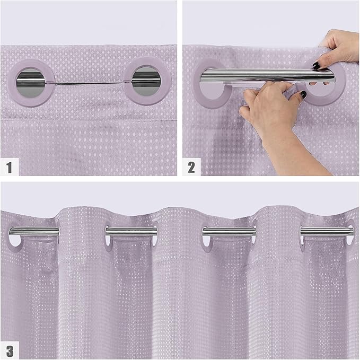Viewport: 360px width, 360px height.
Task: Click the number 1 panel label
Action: tap(10, 167)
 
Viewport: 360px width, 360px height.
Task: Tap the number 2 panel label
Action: tap(191, 167)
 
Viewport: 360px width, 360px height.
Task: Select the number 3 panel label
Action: tap(10, 350)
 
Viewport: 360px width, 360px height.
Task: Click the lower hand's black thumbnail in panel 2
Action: tap(303, 95)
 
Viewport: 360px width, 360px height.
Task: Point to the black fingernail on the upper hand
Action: tap(316, 66)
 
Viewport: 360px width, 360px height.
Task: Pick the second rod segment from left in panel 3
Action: tap(131, 231)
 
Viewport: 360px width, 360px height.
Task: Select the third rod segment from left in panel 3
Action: tap(229, 231)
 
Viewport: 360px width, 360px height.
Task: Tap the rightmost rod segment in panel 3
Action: tap(326, 231)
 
